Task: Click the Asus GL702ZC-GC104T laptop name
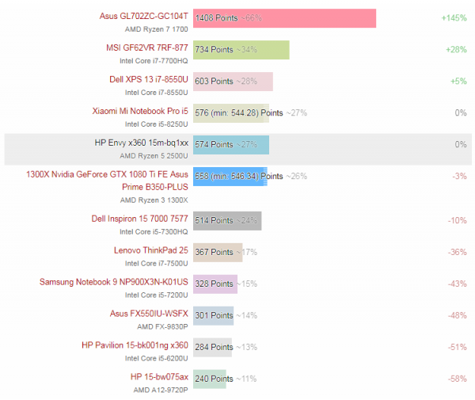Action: pos(144,15)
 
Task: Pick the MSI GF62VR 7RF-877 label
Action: pos(147,48)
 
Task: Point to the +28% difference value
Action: pos(456,49)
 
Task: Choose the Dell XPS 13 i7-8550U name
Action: pos(149,79)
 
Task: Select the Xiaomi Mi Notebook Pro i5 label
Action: pos(140,112)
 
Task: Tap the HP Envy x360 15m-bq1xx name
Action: pos(142,143)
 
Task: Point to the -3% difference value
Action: pos(459,176)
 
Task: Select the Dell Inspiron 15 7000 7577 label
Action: pos(140,219)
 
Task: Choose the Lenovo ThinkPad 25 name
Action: pos(151,250)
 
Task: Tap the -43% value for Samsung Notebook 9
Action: pos(457,284)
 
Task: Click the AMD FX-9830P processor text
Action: pos(162,326)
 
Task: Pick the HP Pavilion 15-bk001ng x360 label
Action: pos(135,345)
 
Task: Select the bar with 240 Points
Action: pos(210,379)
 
